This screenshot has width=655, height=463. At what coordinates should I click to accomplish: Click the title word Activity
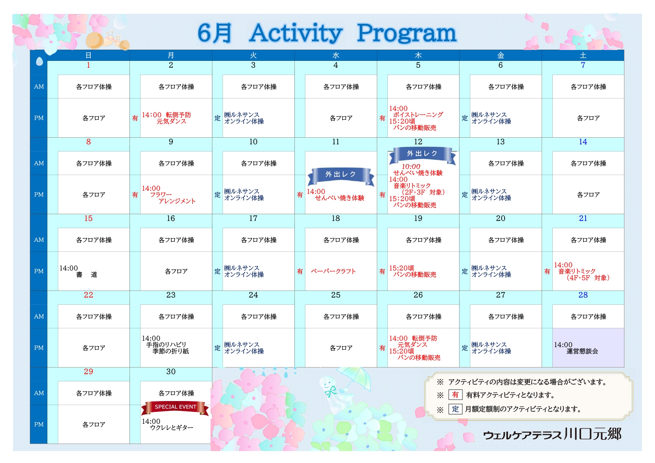pos(296,33)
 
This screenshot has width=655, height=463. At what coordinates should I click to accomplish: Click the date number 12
pos(418,142)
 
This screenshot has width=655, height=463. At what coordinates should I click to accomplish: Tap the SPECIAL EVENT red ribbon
pos(175,407)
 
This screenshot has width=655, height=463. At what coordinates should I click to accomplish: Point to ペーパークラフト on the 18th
pos(333,271)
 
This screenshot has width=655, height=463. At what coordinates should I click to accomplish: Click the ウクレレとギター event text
pos(171,428)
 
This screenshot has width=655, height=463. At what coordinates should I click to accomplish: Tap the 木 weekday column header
pos(418,55)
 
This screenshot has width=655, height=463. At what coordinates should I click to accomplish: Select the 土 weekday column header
pos(583,55)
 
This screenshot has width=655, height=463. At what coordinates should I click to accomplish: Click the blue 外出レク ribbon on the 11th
pos(340,176)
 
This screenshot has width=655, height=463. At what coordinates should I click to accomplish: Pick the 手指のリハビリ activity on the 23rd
pos(166,345)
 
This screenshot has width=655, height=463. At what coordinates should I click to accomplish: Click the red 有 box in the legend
pos(455,395)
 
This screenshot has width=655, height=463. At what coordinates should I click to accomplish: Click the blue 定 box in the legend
pos(455,409)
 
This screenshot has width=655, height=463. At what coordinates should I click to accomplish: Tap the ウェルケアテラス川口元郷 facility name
pos(552,434)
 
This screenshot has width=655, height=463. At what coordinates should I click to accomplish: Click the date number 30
pos(171,372)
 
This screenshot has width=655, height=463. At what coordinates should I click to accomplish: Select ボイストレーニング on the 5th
pos(418,115)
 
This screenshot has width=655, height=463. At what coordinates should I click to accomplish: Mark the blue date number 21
pos(583,218)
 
